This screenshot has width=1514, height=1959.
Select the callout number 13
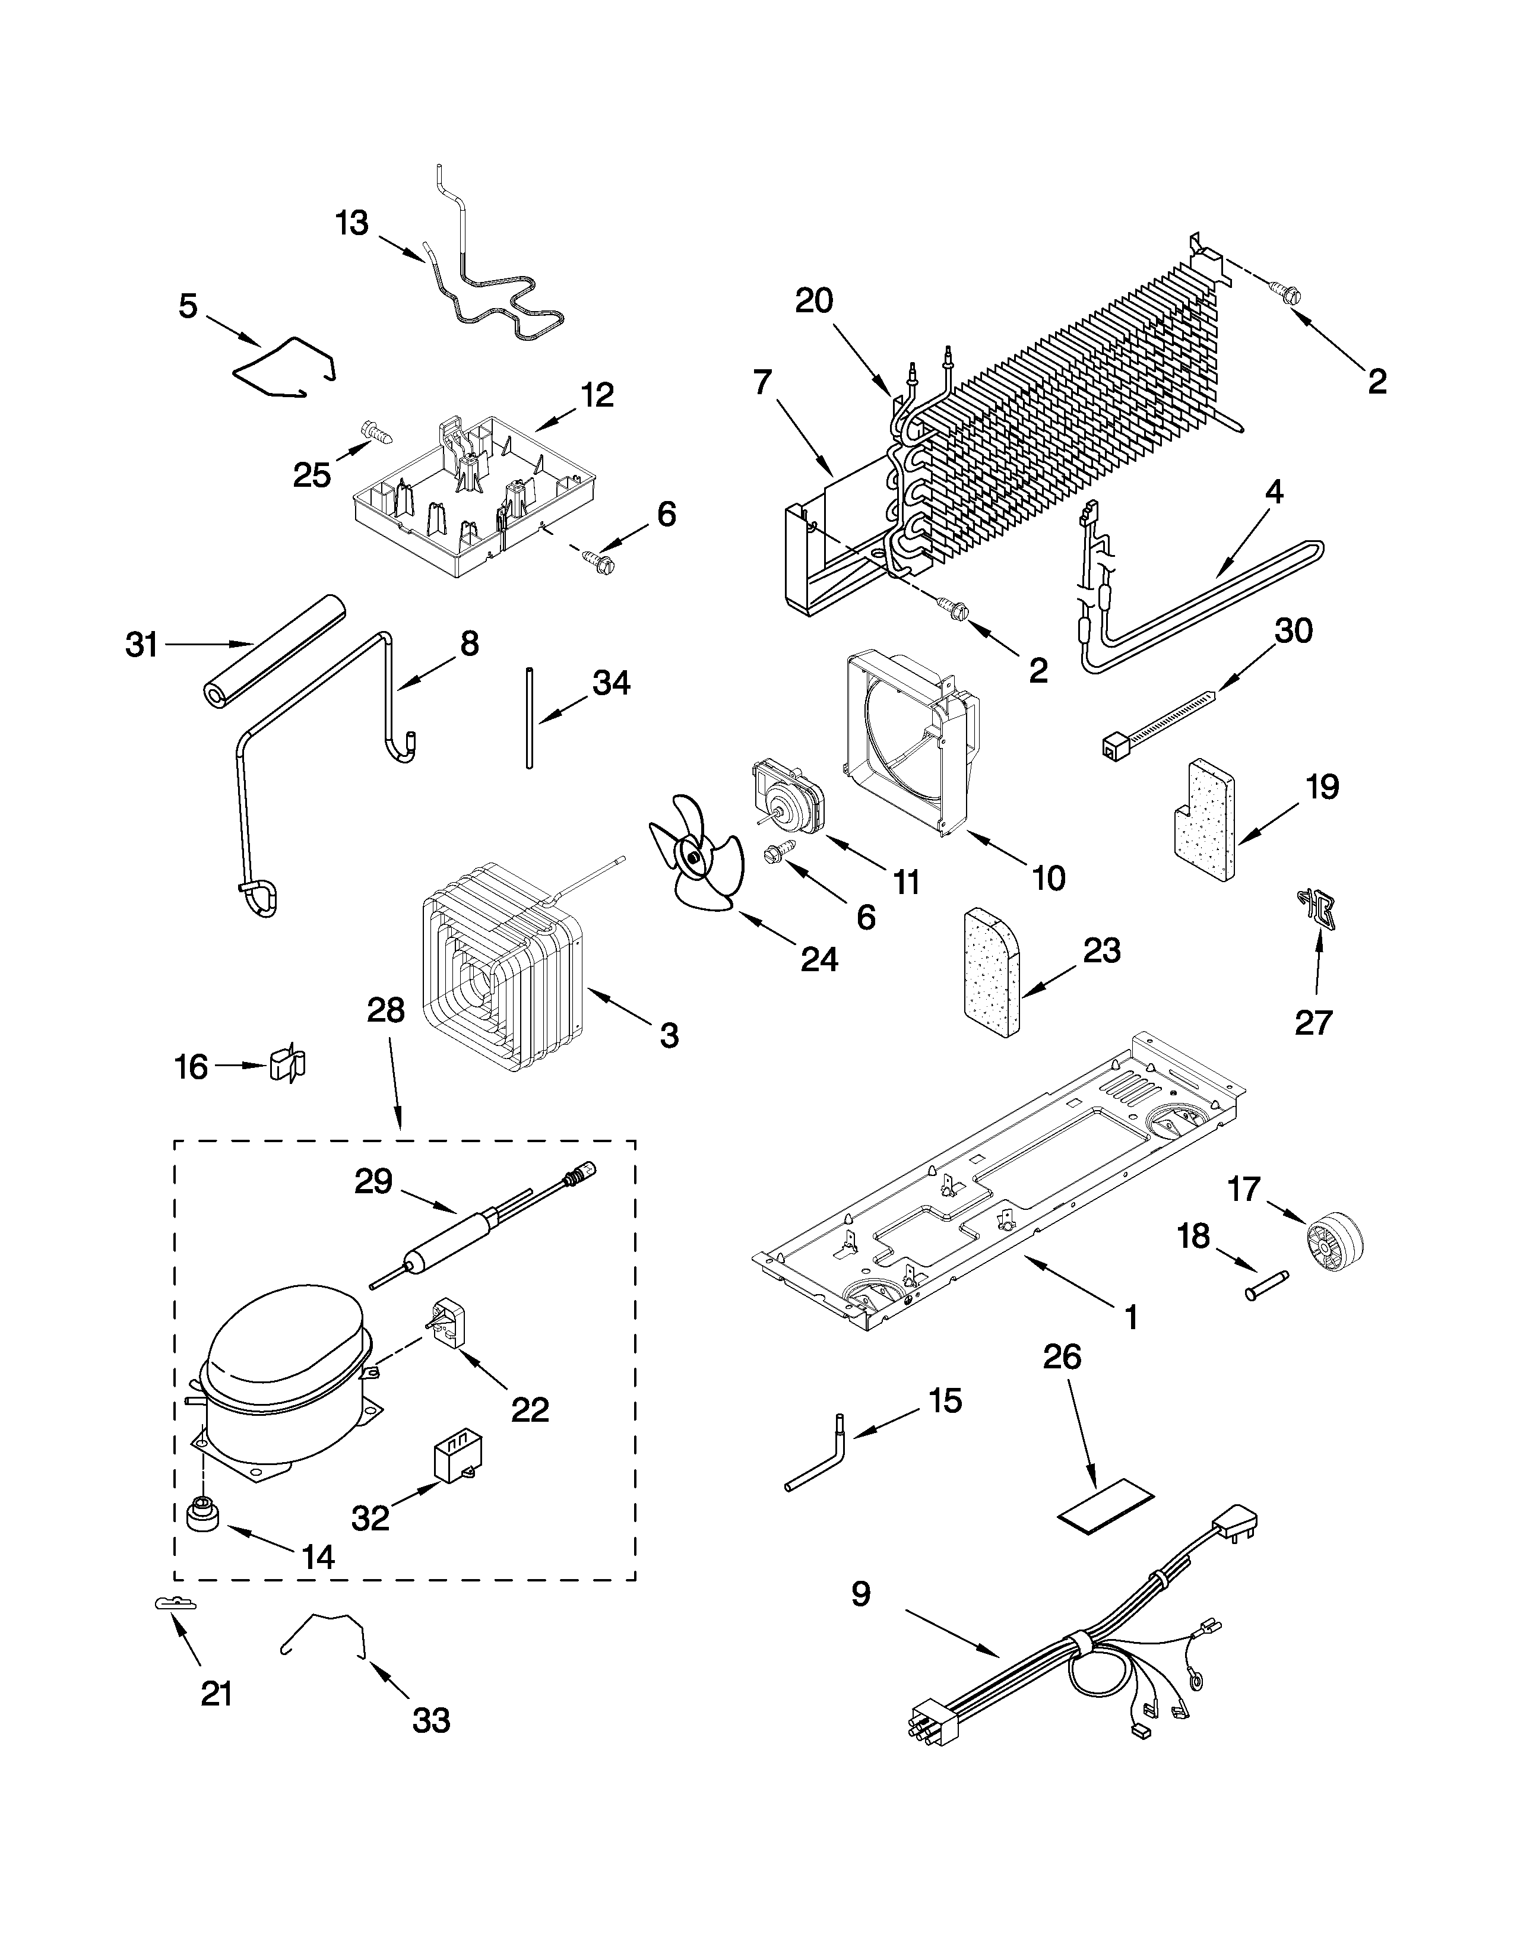coord(351,223)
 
